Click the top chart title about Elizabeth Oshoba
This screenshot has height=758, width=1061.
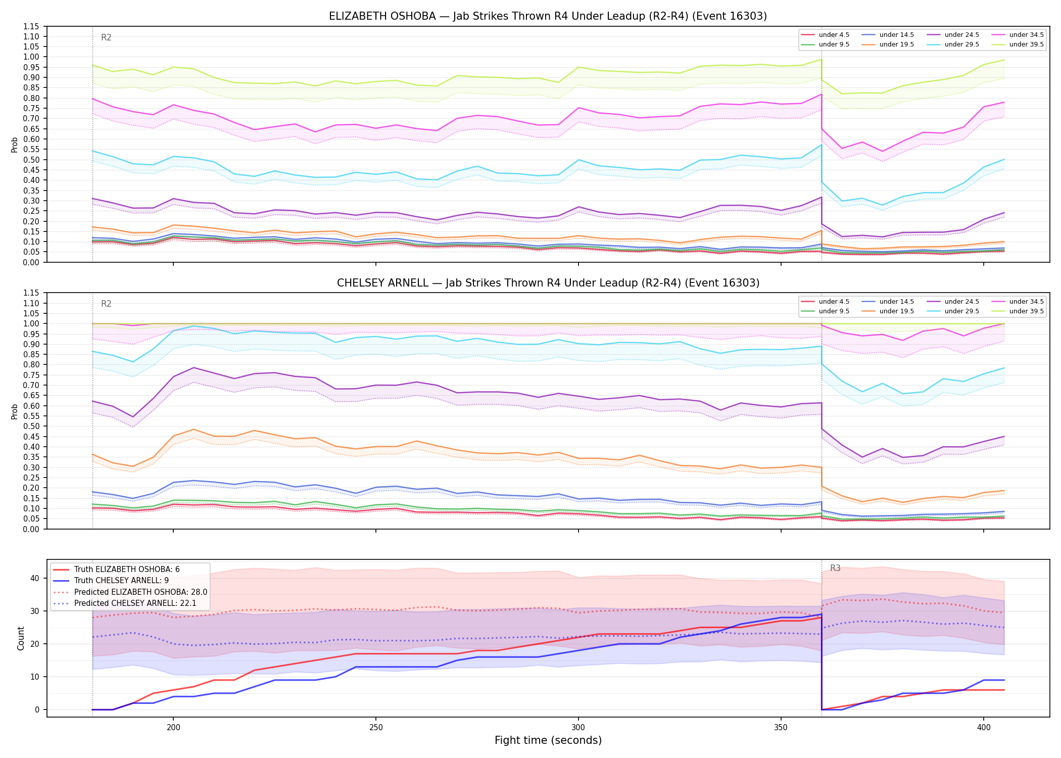548,16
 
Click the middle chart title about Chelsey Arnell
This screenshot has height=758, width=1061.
548,283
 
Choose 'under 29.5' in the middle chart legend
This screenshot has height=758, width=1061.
953,311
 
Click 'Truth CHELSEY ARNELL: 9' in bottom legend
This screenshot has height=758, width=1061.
114,581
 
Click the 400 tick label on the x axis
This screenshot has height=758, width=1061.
983,728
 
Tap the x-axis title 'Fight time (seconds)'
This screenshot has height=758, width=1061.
548,740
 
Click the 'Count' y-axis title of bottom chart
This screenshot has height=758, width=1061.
21,638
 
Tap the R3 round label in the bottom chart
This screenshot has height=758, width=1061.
835,568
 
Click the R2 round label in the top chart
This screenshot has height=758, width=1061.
106,37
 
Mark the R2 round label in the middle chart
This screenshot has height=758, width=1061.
106,304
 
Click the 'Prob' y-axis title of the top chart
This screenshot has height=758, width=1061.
15,145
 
